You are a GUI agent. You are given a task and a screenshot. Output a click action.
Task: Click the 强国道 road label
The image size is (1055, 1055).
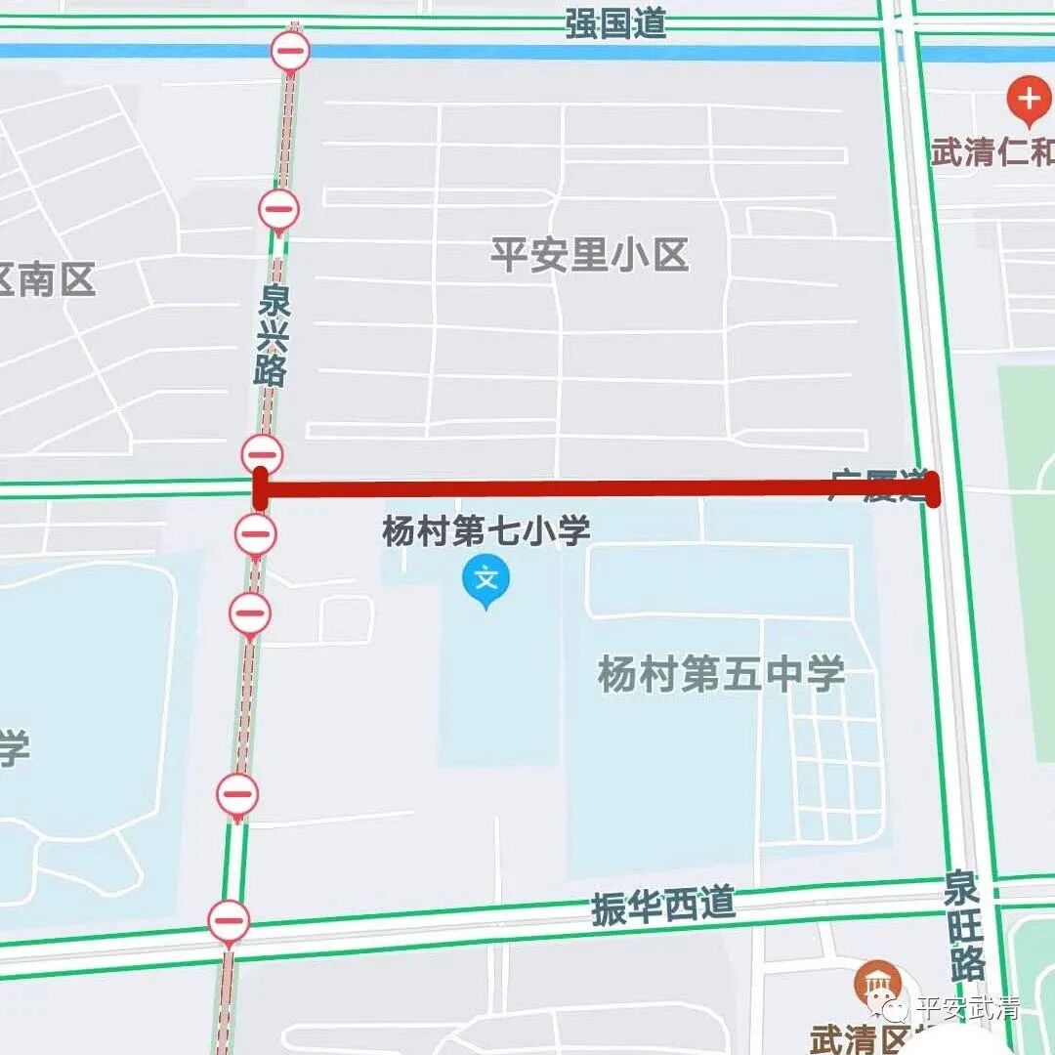[615, 23]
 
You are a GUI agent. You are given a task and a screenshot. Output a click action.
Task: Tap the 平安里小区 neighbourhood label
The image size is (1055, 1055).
[589, 255]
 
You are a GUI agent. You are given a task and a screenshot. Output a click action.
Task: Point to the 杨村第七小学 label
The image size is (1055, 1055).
[485, 531]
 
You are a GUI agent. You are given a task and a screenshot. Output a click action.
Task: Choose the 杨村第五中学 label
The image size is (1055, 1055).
[721, 674]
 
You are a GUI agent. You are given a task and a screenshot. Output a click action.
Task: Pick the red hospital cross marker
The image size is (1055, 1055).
[1028, 100]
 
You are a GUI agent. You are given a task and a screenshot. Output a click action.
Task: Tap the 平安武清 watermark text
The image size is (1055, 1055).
[967, 1009]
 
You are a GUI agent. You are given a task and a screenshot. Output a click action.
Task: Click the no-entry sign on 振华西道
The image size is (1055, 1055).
[229, 920]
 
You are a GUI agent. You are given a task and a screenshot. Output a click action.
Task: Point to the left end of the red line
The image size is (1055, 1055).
[261, 488]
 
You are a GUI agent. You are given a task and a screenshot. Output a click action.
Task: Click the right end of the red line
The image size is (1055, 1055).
[932, 488]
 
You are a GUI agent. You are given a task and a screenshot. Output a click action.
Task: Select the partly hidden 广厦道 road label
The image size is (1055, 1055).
[876, 485]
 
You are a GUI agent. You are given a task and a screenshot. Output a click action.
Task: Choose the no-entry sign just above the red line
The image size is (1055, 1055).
[264, 453]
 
